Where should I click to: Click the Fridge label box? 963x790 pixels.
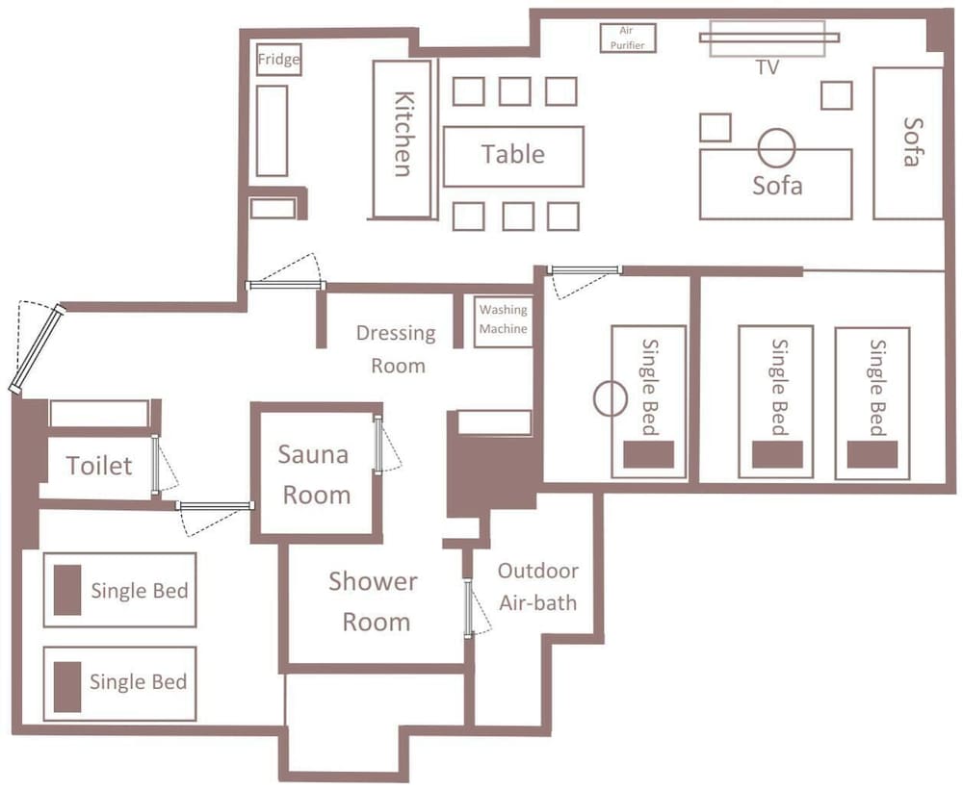click(x=279, y=60)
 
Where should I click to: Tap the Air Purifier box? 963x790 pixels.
click(x=628, y=38)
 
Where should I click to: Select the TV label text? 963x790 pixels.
click(x=768, y=67)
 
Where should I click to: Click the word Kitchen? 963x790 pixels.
click(x=403, y=134)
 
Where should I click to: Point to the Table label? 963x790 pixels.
click(x=513, y=154)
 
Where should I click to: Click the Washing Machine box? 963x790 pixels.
click(x=503, y=321)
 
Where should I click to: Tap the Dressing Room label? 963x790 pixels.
click(x=397, y=348)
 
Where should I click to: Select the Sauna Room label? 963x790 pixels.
click(x=315, y=474)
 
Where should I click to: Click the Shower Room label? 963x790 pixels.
click(x=374, y=601)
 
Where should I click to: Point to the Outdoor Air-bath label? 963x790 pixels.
click(x=538, y=587)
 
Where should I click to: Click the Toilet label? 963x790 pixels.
click(x=99, y=466)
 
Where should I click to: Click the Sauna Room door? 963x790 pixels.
click(x=377, y=445)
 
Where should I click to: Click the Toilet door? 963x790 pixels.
click(x=155, y=465)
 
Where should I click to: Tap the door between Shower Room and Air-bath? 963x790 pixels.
click(x=468, y=609)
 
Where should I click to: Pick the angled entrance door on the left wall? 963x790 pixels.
click(x=38, y=348)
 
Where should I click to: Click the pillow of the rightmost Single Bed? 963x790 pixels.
click(x=872, y=454)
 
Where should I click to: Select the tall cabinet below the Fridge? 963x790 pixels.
click(x=273, y=131)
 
